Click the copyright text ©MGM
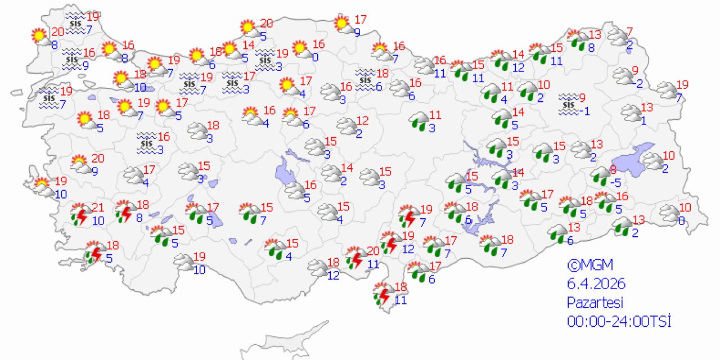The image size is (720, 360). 589,265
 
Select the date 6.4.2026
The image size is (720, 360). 596,283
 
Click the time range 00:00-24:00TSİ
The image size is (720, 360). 619,321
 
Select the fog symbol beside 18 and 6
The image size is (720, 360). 366,79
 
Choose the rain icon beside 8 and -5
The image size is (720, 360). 600,177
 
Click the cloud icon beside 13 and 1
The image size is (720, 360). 631,114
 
